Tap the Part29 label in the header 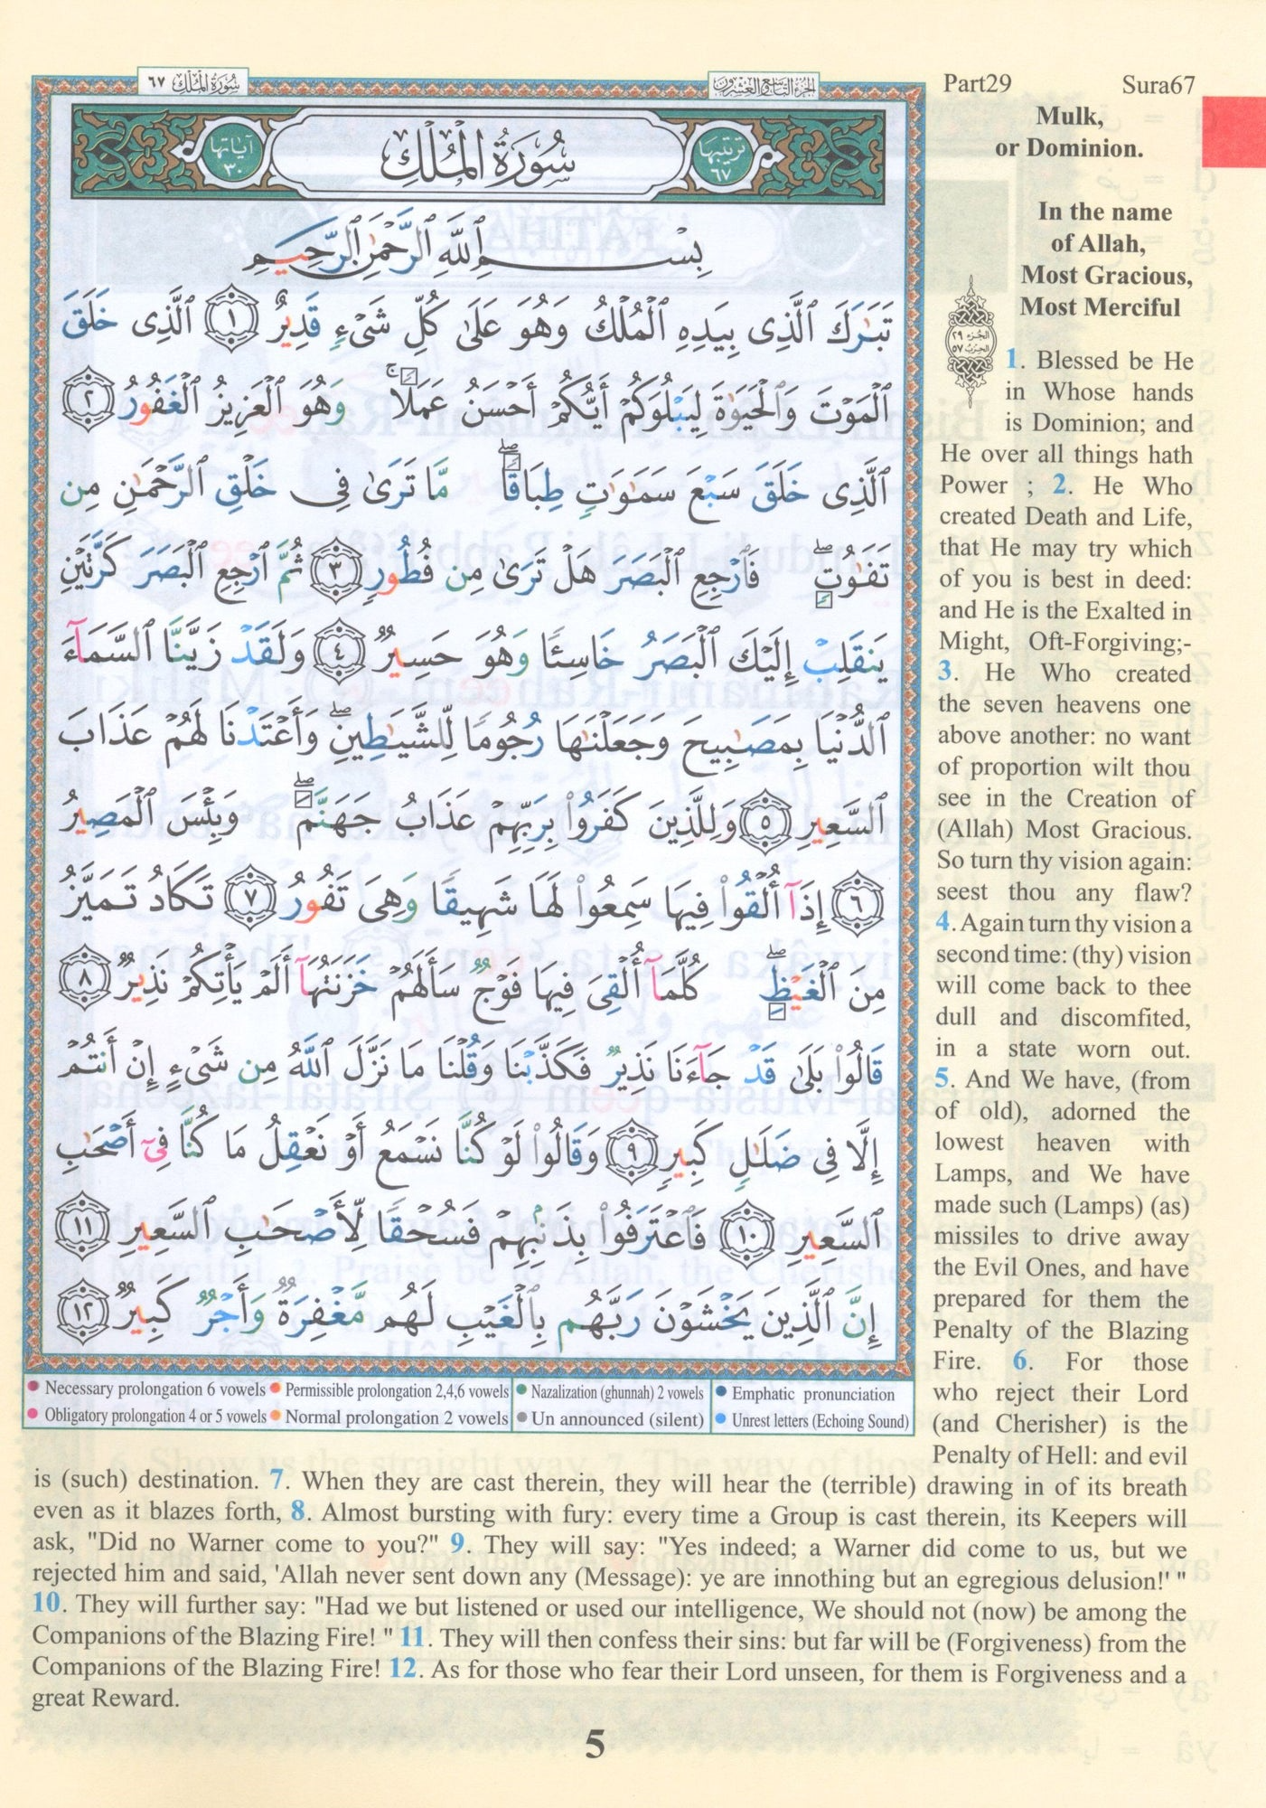point(977,83)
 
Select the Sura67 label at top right point(1158,84)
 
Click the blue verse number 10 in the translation point(46,1604)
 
